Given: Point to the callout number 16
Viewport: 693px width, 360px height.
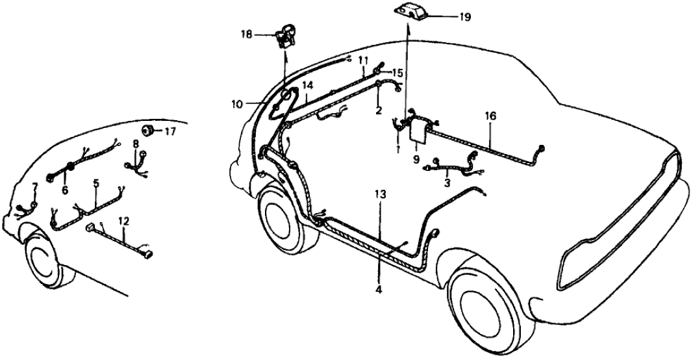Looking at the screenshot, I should click(490, 116).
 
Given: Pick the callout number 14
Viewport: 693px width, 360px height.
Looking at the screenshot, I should click(307, 85).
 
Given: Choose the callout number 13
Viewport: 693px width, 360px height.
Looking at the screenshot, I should click(380, 194).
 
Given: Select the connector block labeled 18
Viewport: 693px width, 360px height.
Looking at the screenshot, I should click(283, 36).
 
